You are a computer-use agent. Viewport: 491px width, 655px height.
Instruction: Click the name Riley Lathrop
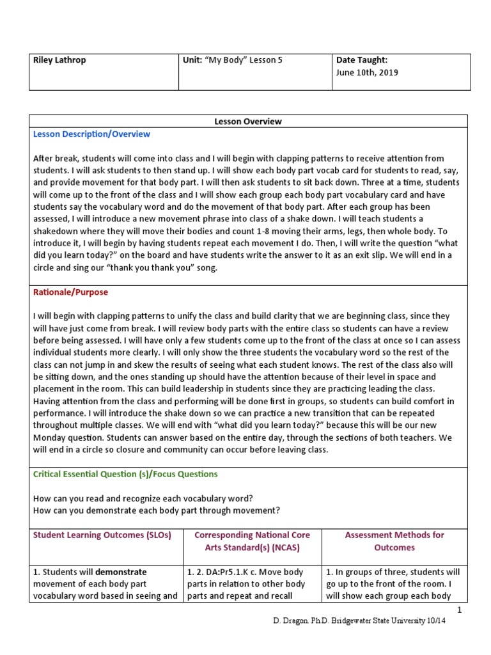pos(59,60)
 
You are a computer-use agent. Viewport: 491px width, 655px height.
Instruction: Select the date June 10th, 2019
pos(367,72)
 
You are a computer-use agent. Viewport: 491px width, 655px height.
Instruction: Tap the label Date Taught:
pos(362,60)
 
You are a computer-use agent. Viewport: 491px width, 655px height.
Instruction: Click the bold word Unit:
pos(194,60)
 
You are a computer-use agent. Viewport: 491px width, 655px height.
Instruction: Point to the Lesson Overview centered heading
pos(248,121)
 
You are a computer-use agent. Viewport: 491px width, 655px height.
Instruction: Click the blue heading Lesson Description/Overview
pos(91,134)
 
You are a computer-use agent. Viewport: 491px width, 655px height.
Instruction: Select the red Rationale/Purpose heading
pos(70,292)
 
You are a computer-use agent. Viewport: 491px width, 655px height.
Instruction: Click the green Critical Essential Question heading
pos(125,474)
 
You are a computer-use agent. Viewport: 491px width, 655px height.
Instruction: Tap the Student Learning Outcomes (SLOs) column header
pos(102,535)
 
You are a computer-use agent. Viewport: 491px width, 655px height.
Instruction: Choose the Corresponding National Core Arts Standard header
pos(252,541)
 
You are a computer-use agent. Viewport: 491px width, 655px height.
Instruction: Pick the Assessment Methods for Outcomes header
pos(394,541)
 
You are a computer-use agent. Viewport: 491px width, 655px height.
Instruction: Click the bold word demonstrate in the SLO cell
pos(121,572)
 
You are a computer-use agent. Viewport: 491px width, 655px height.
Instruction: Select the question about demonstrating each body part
pos(156,510)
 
